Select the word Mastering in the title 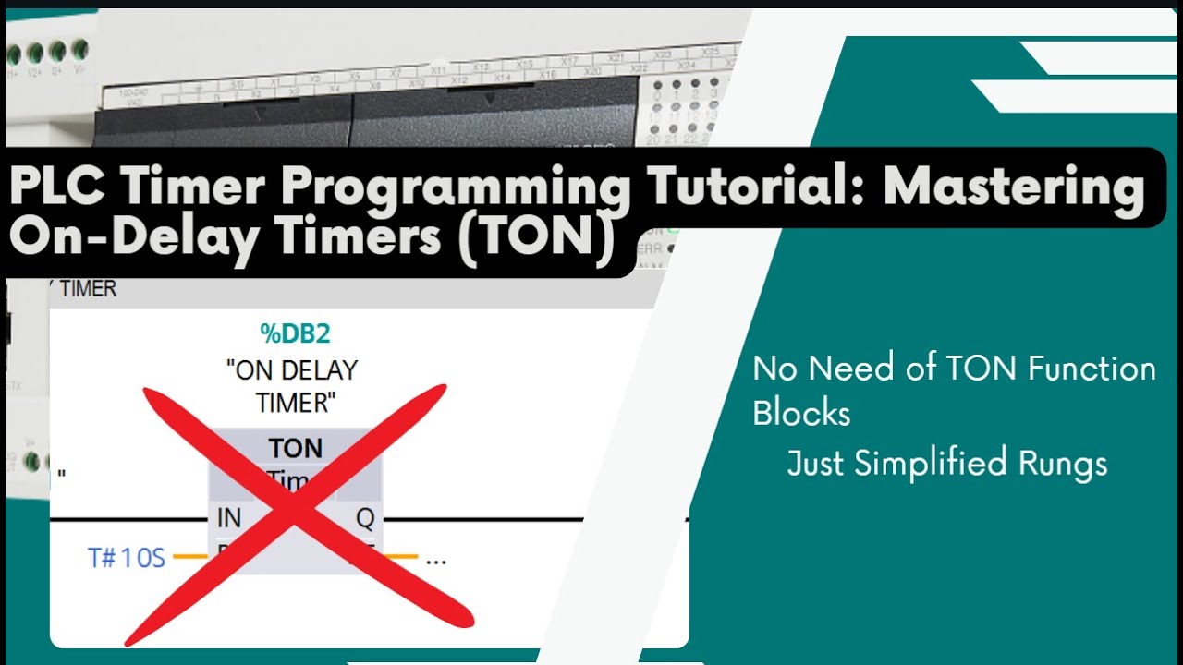[x=1013, y=187]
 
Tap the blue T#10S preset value [x=127, y=558]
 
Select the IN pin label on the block [x=228, y=519]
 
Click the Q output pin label [x=365, y=519]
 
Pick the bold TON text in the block [x=296, y=449]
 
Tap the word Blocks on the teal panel [x=801, y=413]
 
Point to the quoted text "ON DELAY [x=292, y=370]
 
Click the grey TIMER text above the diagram [x=88, y=289]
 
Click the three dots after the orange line [x=436, y=560]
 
